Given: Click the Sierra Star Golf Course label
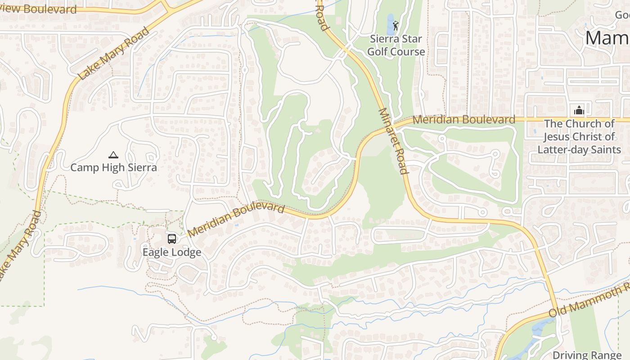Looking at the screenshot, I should coord(396,45).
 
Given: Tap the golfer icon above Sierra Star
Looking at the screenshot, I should coord(396,25).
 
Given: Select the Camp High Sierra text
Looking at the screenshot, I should coord(113,168).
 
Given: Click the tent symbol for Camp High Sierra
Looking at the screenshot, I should coord(113,155).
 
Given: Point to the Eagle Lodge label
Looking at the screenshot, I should coord(172,252).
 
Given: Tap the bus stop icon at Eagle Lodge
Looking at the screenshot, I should coord(172,238).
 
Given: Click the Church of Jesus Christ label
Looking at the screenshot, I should coord(579,136).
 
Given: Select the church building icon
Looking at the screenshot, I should coord(579,110).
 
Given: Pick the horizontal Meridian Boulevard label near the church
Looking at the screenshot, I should coord(463,120).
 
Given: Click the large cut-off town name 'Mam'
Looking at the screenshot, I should coord(607,38).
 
